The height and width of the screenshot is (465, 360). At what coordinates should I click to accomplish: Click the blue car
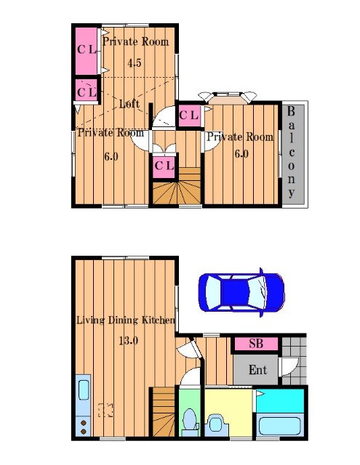coord(241,292)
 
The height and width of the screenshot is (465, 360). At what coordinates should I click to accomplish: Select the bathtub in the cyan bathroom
coord(279,426)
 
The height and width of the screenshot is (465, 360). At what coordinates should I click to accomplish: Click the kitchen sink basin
coord(84,390)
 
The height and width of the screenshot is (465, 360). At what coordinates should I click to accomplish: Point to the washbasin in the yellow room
coord(216,424)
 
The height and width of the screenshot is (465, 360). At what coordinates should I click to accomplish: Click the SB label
coord(256,344)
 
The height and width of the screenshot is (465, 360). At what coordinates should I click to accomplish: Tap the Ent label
coord(257,370)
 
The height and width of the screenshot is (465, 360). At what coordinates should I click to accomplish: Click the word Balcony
coord(291,153)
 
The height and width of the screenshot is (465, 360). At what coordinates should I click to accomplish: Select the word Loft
coord(129,103)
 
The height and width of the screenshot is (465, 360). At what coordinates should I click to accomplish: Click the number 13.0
coord(128,341)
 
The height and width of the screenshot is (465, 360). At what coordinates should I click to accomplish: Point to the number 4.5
coord(134,63)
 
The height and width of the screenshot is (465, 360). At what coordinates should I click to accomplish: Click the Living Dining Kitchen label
coord(126,320)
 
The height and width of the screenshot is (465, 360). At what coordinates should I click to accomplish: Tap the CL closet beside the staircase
coord(164,166)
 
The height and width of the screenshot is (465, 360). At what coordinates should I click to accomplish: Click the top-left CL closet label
coord(87,49)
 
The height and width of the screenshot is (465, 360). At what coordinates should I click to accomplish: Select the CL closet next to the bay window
coord(189,115)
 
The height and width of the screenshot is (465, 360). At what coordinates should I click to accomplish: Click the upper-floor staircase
coord(177,186)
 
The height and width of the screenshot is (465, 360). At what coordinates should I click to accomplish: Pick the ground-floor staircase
coord(164,412)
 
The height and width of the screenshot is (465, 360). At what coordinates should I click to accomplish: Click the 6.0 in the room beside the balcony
coord(241,154)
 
